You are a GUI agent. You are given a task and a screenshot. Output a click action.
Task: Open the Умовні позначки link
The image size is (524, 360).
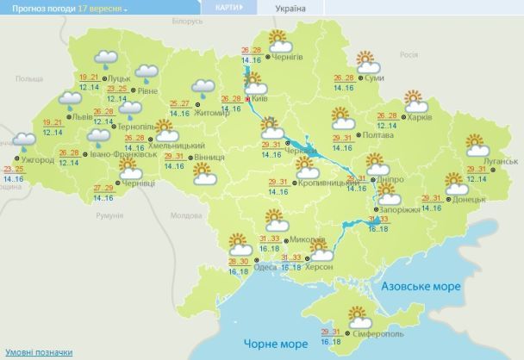point(39,353)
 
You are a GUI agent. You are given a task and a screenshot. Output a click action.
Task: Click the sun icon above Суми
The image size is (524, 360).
point(369,62)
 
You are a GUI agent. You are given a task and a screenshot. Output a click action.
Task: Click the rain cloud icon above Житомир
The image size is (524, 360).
point(204,87)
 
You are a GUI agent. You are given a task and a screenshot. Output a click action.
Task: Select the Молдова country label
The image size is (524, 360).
point(185,215)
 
